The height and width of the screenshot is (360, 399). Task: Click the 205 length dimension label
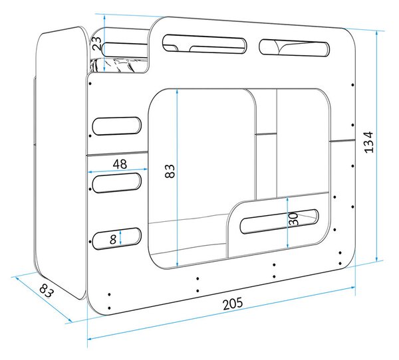coord(233,304)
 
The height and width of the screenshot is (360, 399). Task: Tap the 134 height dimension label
coord(369,142)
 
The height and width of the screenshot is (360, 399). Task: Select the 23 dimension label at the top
coord(96,43)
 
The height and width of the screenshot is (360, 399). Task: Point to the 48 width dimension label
coord(120,164)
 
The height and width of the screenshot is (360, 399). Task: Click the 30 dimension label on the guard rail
coord(294,219)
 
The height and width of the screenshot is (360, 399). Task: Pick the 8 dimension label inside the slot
coord(113,239)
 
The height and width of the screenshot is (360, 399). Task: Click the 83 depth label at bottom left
coord(47,291)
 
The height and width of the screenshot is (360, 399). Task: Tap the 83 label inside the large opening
coord(170,171)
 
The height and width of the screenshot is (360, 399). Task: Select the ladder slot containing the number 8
coord(116,238)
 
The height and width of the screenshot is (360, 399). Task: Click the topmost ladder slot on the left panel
coord(116,126)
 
